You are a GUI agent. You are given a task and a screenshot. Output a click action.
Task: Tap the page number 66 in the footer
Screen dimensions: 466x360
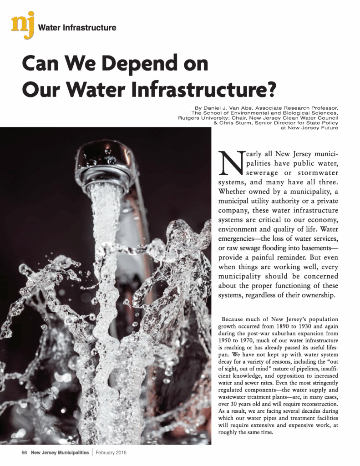pyautogui.click(x=25, y=453)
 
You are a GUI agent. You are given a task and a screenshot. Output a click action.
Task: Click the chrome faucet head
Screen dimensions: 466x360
pyautogui.click(x=104, y=166)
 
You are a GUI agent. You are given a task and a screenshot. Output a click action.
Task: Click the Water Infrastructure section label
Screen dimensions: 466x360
pyautogui.click(x=77, y=28)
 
